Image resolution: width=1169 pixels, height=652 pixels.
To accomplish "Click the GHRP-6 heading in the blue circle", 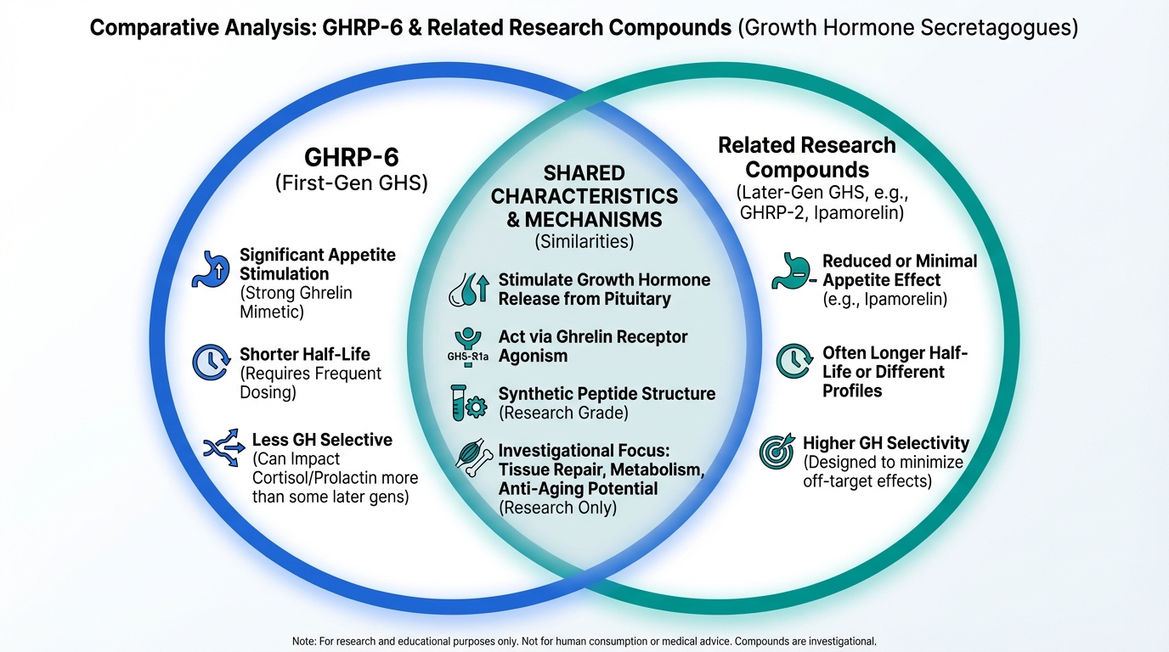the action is (351, 157).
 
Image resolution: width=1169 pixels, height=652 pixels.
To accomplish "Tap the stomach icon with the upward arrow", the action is (211, 269).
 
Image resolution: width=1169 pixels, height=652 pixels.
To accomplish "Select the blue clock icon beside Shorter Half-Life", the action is (211, 362).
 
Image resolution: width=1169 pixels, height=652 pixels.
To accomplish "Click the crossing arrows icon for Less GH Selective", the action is (224, 447).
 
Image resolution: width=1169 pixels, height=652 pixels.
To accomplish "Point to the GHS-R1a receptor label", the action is (467, 357).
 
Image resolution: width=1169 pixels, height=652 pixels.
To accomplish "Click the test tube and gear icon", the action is (469, 402).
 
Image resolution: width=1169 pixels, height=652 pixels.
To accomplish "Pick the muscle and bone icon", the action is (474, 458).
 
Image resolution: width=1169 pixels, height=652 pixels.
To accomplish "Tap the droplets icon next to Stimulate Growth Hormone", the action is (469, 289).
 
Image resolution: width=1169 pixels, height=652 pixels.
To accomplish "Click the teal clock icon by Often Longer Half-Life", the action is (793, 361).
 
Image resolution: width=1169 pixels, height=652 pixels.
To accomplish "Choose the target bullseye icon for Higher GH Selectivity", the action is (777, 451).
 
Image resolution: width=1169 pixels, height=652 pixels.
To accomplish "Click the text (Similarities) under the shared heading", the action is (584, 241).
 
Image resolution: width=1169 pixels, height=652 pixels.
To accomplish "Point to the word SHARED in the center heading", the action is (584, 173).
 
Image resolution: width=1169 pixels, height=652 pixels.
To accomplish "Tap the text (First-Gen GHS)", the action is (351, 183).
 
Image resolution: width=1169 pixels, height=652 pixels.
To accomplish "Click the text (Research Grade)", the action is (563, 413).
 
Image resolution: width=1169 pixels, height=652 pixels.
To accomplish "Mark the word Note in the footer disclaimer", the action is (303, 642).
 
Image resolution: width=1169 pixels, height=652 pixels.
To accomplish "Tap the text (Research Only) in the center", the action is (557, 508).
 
